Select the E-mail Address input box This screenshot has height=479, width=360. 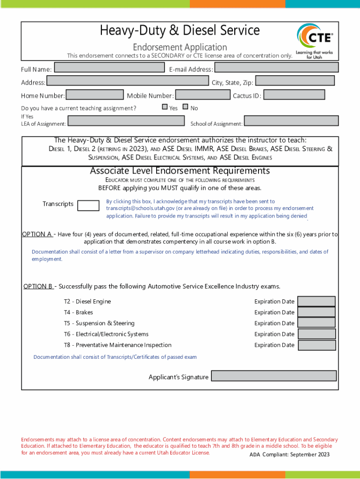coord(276,68)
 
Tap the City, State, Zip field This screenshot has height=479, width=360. coord(295,81)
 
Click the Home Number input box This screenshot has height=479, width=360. coord(95,95)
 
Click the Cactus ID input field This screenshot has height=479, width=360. coord(294,95)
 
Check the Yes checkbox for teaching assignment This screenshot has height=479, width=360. coord(165,107)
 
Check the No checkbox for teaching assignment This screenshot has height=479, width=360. coord(185,107)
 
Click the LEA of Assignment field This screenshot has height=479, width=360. coord(126,121)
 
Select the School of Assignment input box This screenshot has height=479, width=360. coord(291,121)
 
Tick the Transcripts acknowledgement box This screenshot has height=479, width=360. coord(88,205)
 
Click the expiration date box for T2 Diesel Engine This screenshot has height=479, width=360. coord(317,301)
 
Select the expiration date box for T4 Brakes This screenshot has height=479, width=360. coord(317,312)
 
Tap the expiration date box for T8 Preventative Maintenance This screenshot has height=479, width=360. coord(317,345)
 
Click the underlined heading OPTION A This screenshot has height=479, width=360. coord(37,234)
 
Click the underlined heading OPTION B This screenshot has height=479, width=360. coord(39,286)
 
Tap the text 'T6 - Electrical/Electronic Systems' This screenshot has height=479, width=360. coord(106,334)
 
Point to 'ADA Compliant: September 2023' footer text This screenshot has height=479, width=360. coord(289,454)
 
